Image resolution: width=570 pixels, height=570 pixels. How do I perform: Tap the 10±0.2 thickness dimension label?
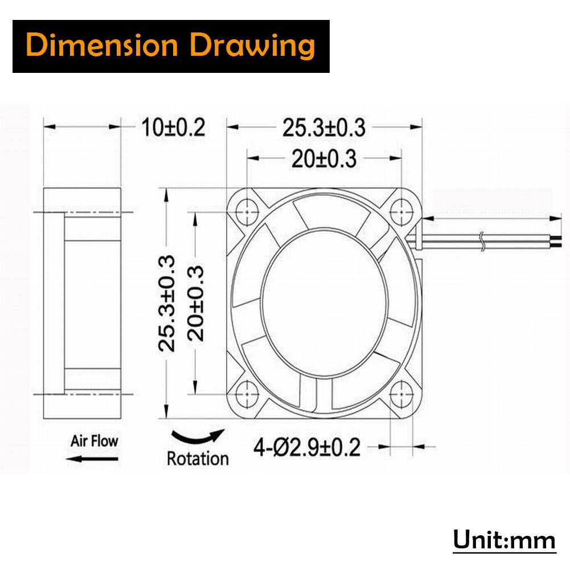click(x=173, y=128)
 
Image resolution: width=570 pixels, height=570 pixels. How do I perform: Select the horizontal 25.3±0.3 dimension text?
click(x=323, y=128)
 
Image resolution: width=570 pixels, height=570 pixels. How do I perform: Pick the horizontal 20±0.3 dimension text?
click(x=323, y=159)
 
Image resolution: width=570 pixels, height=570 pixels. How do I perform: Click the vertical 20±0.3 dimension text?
click(x=198, y=303)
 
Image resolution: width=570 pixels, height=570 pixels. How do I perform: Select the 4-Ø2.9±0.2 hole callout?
click(x=307, y=448)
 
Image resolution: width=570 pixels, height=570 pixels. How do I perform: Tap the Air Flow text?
click(x=95, y=440)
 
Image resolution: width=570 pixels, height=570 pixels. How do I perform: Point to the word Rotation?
click(x=198, y=458)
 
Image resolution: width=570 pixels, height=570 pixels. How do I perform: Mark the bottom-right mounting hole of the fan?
click(x=403, y=393)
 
